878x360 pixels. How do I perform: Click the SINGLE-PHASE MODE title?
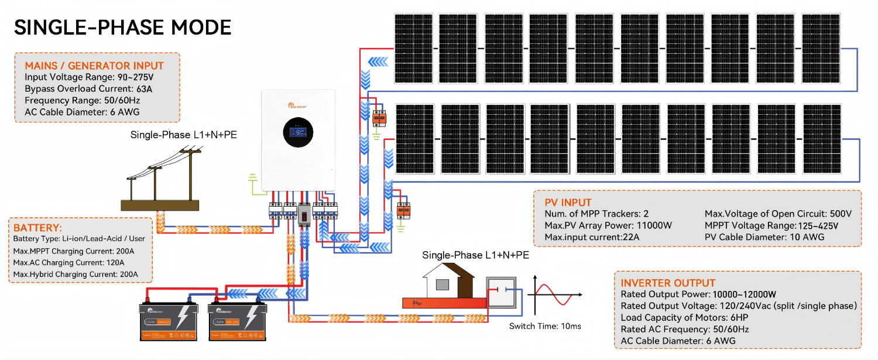122,28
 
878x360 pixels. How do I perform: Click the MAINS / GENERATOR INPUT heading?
94,66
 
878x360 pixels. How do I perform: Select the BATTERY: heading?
37,228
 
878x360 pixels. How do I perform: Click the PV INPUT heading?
568,203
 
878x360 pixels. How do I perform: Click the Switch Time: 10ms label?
544,326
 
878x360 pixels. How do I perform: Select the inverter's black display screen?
299,135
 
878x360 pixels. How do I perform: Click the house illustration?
447,282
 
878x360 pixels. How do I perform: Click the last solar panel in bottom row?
821,139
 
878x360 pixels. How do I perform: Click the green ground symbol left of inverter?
253,177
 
